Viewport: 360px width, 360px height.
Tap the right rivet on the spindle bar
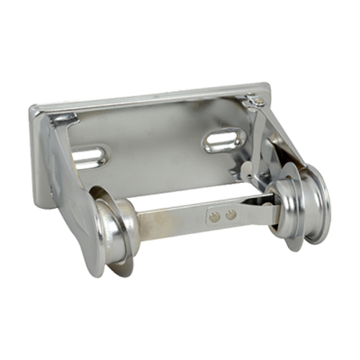click(230, 213)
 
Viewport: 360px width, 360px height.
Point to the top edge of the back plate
click(151, 98)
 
